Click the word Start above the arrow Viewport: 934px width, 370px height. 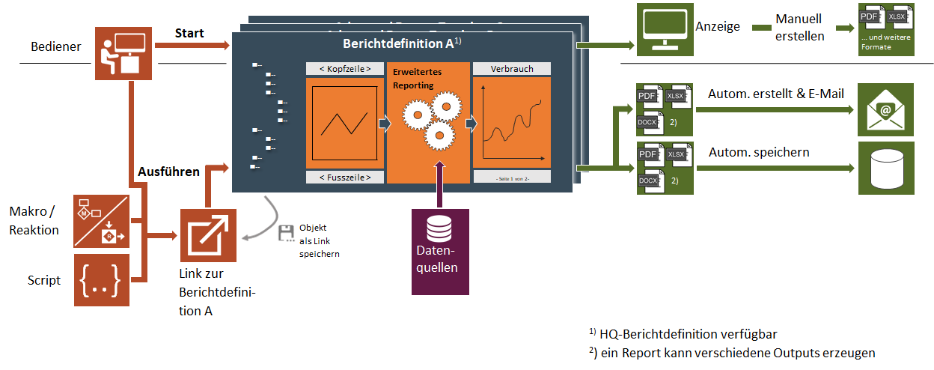(x=189, y=34)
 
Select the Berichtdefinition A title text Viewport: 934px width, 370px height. (x=397, y=44)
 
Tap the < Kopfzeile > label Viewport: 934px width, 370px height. (x=344, y=69)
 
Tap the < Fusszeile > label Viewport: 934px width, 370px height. (x=344, y=177)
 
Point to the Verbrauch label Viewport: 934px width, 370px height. (x=512, y=69)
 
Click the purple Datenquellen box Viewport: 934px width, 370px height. (x=440, y=250)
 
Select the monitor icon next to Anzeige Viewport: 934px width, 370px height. (x=662, y=30)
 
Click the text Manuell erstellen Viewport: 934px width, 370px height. (x=799, y=27)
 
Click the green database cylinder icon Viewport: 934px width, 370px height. (x=885, y=168)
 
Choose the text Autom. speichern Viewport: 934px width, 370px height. (x=758, y=152)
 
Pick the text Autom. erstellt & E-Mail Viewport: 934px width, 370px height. (x=775, y=94)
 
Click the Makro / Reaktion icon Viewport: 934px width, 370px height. (x=102, y=221)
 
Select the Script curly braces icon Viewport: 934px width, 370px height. (x=102, y=280)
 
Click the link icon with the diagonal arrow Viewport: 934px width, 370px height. (x=208, y=236)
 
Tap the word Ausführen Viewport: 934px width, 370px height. (x=168, y=172)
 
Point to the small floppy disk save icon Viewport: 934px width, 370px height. (x=285, y=233)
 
